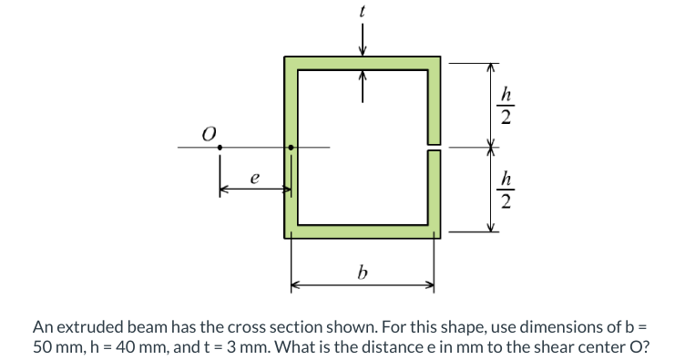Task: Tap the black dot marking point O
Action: coord(220,147)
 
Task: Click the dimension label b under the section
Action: coord(363,272)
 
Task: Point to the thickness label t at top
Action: coord(363,12)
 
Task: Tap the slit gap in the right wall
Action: coord(435,146)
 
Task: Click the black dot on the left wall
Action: coord(291,147)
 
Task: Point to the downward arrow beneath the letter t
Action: coord(363,40)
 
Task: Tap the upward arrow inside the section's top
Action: coord(363,87)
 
